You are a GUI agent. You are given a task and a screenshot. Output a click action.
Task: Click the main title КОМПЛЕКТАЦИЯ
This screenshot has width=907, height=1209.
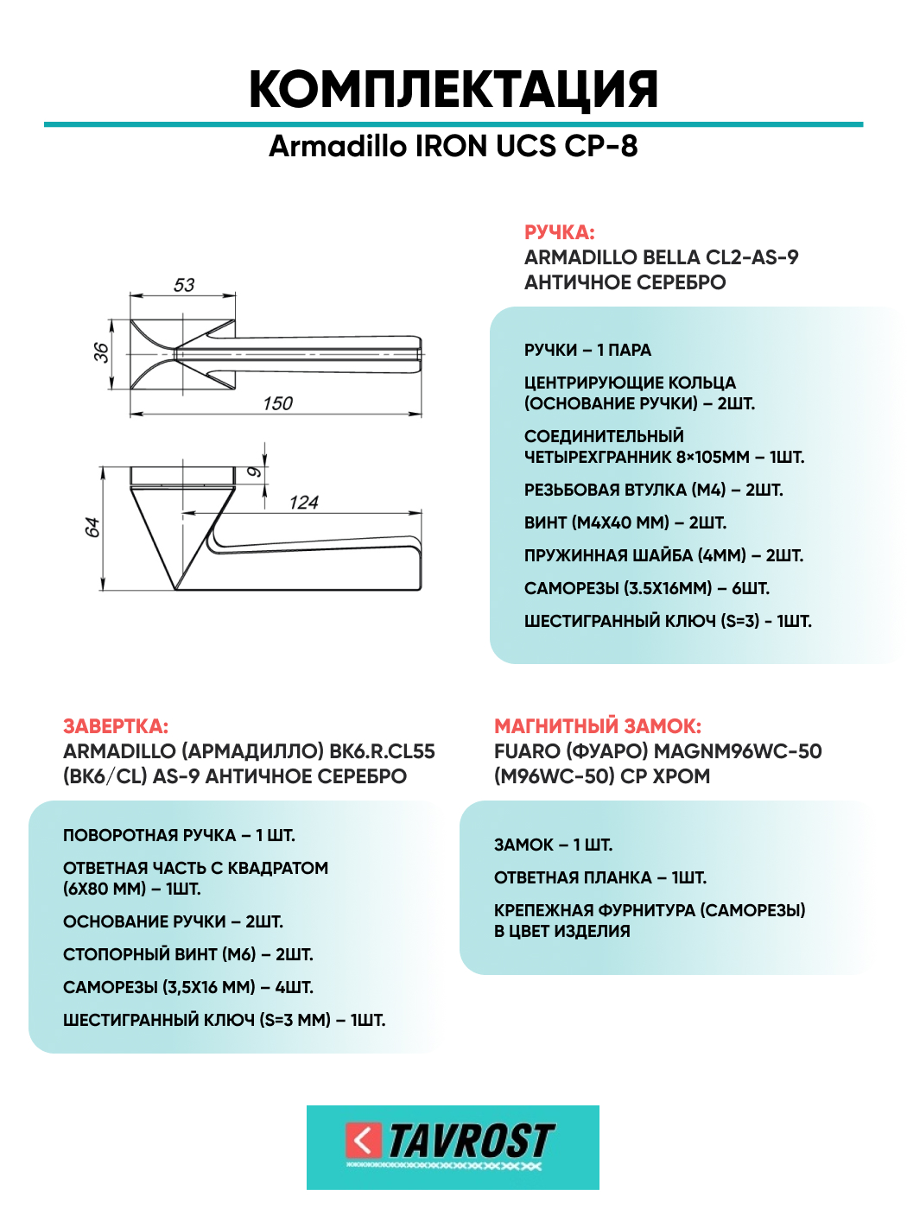pos(453,89)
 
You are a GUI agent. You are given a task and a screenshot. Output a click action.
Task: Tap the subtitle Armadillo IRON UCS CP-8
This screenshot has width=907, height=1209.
pos(453,146)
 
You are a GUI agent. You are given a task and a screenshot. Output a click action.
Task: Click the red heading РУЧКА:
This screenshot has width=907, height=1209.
pos(560,232)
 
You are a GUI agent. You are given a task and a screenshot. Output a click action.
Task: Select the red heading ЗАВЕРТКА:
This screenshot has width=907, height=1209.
pos(116,726)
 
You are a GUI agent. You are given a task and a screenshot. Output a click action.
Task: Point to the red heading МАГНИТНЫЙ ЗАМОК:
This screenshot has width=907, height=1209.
pos(598,726)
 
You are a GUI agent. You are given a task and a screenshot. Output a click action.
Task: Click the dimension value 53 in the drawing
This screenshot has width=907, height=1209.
pos(184,285)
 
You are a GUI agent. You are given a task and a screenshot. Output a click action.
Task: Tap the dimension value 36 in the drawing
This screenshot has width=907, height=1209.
pos(101,352)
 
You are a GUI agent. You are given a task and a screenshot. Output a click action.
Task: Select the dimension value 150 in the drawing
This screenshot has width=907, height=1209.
pos(277,403)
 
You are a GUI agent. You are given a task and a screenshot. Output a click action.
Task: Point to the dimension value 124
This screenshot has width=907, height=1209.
pos(303,503)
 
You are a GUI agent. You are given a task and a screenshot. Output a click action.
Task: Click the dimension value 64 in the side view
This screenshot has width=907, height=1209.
pos(92,528)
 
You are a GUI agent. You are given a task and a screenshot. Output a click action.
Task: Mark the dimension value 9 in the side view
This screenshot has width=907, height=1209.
pos(253,472)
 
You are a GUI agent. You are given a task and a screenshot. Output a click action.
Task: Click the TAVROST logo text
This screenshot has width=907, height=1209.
pos(471,1142)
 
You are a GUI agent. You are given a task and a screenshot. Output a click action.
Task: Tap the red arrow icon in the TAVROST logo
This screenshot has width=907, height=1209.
pos(363,1141)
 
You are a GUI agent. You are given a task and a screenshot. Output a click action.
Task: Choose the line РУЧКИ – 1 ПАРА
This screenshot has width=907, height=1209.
pos(587,350)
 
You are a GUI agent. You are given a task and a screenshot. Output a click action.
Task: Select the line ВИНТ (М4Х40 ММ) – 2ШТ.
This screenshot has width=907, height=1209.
pos(625,522)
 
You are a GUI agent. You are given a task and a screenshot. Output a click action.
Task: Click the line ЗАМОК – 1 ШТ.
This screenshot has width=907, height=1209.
pos(553,845)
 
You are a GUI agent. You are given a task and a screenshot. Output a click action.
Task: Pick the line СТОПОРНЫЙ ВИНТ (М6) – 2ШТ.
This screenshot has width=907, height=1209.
pos(188,954)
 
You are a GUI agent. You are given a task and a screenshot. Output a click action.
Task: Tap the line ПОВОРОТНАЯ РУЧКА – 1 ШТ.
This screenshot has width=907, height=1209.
pos(179,835)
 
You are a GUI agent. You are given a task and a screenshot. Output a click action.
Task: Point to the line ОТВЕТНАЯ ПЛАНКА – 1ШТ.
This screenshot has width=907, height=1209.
pos(600,877)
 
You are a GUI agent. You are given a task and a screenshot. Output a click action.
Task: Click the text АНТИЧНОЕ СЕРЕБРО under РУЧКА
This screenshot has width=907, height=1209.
pos(625,282)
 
